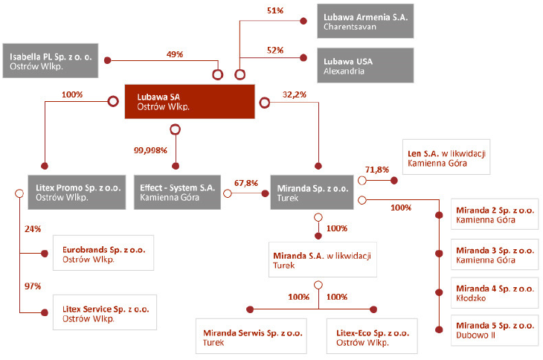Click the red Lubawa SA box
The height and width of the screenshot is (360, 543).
[190, 102]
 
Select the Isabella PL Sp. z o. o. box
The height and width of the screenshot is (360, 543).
[51, 60]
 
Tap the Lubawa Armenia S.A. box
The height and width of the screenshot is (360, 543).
[365, 21]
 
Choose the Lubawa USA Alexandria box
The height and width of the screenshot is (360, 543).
[365, 65]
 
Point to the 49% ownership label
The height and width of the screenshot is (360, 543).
[175, 54]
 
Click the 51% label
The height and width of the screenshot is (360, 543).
[275, 10]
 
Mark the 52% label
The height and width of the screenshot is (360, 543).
[275, 50]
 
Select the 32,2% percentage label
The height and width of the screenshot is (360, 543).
[295, 94]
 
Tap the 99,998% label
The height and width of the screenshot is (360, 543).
[150, 150]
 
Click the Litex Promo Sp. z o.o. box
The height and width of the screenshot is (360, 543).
[77, 192]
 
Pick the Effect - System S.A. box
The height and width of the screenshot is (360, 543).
[177, 192]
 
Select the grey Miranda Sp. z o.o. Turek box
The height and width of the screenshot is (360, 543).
[312, 193]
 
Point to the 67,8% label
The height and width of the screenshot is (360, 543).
[246, 183]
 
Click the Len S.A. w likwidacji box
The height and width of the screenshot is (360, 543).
[446, 157]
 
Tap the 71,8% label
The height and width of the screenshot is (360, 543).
[377, 170]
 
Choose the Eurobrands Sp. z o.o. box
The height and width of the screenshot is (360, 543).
[103, 253]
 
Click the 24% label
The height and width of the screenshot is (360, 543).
[33, 229]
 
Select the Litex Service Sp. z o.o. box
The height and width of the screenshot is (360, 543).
[105, 312]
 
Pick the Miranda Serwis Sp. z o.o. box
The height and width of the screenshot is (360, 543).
[251, 336]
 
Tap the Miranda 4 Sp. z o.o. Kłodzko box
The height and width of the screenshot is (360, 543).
[495, 293]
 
